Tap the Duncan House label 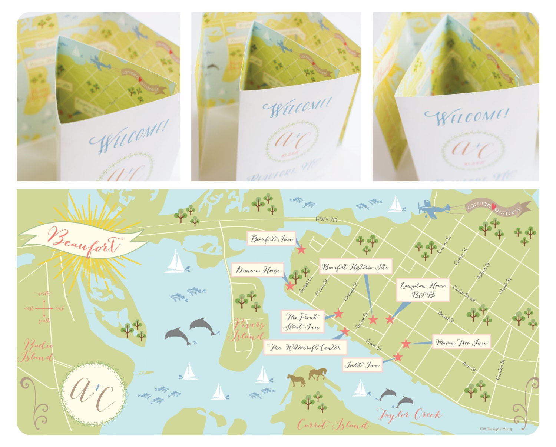pos(258,270)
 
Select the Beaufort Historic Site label pos(355,267)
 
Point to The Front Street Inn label pos(302,322)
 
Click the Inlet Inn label pos(363,365)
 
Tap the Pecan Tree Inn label pos(461,342)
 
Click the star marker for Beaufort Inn pos(301,249)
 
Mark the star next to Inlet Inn pos(398,357)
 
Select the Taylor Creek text pos(410,414)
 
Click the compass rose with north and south pos(44,308)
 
